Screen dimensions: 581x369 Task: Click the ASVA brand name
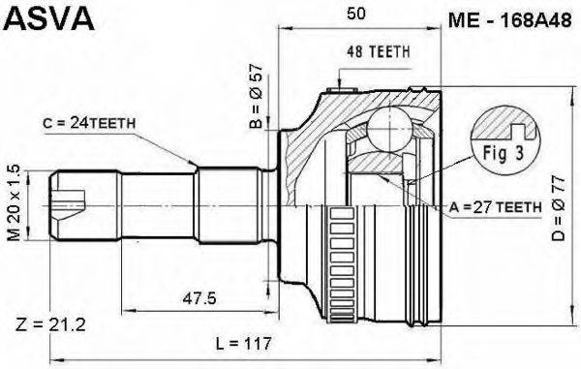click(49, 18)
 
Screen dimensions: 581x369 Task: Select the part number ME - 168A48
click(510, 20)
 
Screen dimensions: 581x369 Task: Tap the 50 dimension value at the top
click(356, 14)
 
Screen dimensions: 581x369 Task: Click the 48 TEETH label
click(379, 52)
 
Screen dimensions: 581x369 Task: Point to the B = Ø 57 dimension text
click(257, 96)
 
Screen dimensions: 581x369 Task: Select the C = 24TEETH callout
click(89, 123)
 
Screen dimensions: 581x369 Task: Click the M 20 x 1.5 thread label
click(14, 203)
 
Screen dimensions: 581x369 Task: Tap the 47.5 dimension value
click(199, 298)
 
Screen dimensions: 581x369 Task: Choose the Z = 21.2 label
click(50, 325)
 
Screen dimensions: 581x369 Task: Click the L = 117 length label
click(244, 344)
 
